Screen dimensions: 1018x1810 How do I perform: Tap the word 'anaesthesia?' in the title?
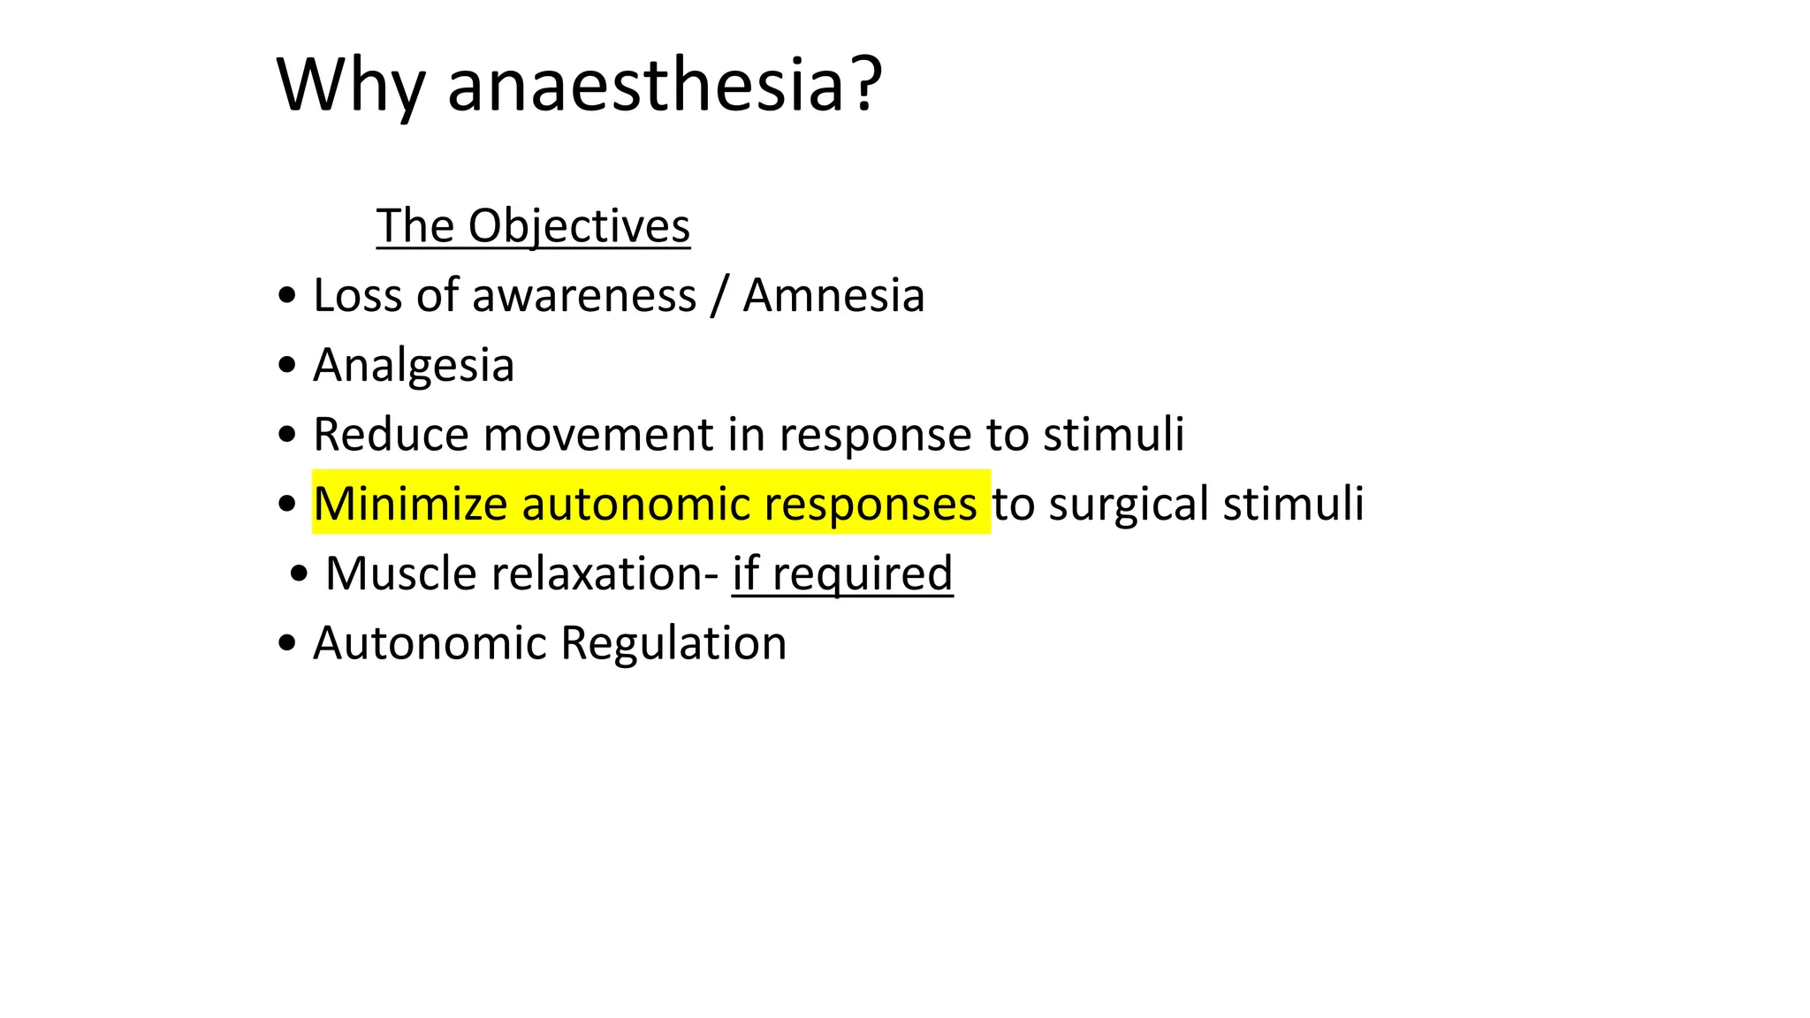[665, 86]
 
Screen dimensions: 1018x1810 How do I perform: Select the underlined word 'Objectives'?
[579, 226]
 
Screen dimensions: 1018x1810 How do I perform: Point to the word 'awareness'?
[584, 295]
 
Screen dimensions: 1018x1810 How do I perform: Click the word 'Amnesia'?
[833, 295]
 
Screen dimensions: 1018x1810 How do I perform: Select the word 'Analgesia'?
[414, 365]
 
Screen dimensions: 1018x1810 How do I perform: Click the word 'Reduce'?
[391, 435]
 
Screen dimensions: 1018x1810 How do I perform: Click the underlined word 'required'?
[863, 574]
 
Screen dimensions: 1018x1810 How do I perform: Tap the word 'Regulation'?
[673, 642]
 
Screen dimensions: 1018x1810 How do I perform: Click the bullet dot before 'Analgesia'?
[286, 365]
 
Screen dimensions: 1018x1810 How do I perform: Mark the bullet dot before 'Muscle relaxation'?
[299, 574]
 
